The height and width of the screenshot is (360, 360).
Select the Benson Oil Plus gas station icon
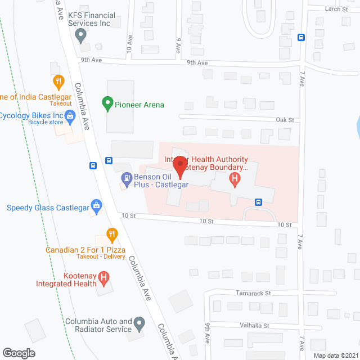click(127, 179)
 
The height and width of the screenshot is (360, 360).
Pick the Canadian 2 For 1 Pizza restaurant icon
click(112, 233)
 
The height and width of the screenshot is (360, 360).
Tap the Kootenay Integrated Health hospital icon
click(103, 277)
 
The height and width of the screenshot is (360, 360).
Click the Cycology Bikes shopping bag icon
click(70, 117)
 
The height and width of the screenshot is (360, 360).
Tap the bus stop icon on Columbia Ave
click(93, 165)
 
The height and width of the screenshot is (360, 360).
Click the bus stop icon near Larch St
click(301, 38)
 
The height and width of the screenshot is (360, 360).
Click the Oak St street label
click(285, 120)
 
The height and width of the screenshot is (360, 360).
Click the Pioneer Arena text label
click(139, 105)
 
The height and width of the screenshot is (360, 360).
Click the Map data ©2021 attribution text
click(335, 355)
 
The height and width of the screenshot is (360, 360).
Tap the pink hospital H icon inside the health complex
click(235, 179)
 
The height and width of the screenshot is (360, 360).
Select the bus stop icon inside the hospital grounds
click(258, 202)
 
